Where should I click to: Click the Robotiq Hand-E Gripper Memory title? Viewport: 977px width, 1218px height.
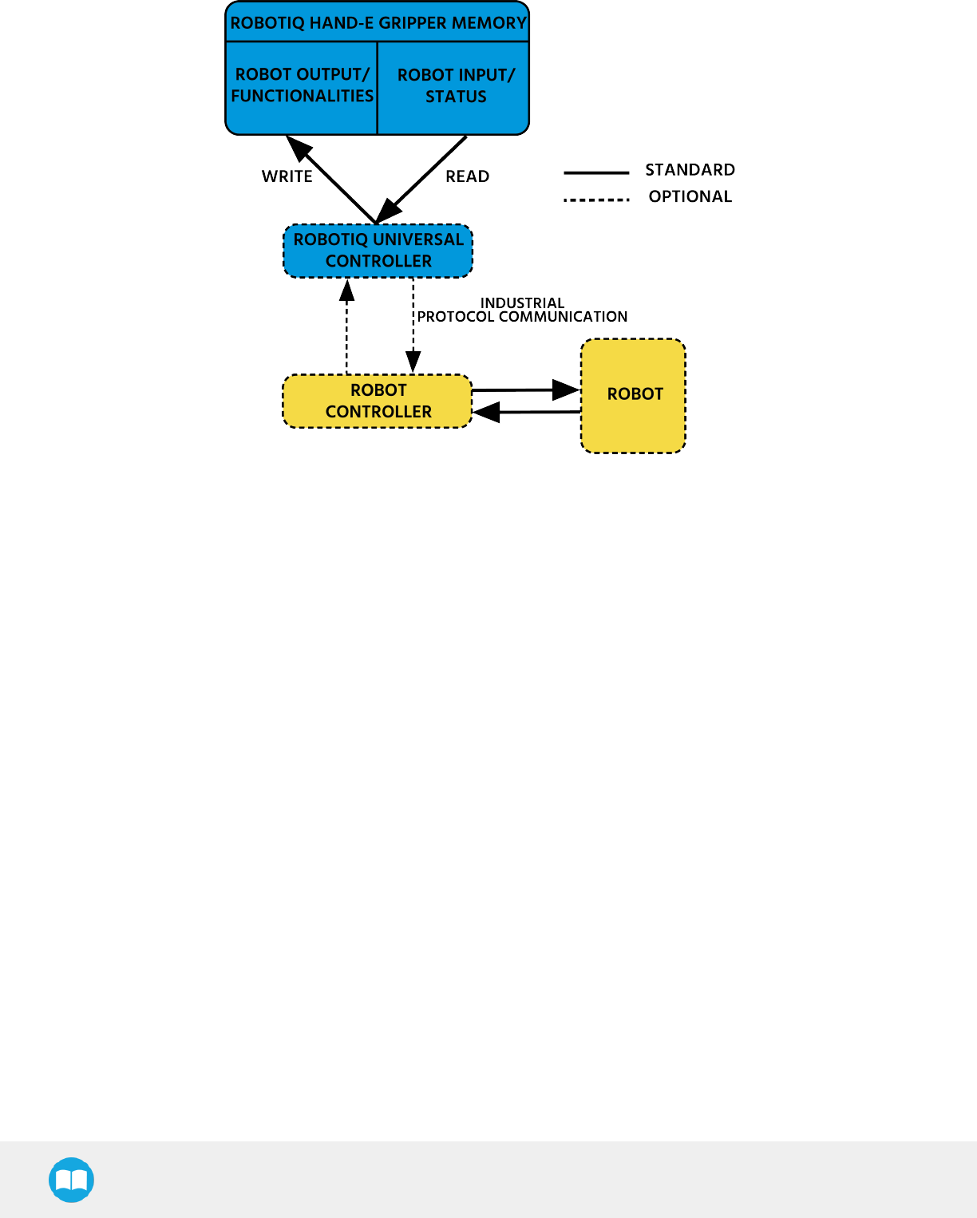(x=378, y=23)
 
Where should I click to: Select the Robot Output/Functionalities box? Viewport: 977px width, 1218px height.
(x=302, y=85)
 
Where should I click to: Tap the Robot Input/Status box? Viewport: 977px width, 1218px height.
(x=456, y=86)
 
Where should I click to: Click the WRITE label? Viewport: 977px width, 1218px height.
(x=287, y=176)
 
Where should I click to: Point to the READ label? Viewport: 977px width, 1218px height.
(x=467, y=176)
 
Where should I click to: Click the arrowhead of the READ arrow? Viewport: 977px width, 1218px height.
(x=387, y=212)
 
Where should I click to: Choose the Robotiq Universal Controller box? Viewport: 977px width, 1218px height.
(x=378, y=251)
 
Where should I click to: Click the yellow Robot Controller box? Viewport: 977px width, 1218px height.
(x=378, y=401)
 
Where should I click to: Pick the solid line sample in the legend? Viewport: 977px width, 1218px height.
(x=596, y=172)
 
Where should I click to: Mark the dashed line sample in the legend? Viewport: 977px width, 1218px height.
(x=596, y=200)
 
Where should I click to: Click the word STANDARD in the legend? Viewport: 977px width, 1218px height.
(x=690, y=170)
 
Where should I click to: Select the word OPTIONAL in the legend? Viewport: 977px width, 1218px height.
(x=690, y=196)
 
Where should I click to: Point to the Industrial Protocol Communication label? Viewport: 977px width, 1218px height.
(x=522, y=310)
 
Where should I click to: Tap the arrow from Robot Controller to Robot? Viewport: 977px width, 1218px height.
(x=526, y=390)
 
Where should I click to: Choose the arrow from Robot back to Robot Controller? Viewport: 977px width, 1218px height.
(x=526, y=412)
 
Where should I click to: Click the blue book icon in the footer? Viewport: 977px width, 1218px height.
(x=72, y=1180)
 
